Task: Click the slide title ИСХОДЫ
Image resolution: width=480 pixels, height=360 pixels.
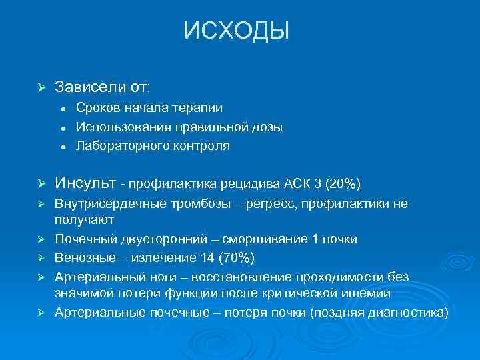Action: [x=237, y=31]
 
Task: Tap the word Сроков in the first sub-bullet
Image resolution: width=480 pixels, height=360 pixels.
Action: [x=98, y=108]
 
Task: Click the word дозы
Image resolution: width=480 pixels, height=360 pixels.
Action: [x=267, y=127]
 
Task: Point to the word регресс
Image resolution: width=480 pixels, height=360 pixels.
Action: [x=268, y=204]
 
